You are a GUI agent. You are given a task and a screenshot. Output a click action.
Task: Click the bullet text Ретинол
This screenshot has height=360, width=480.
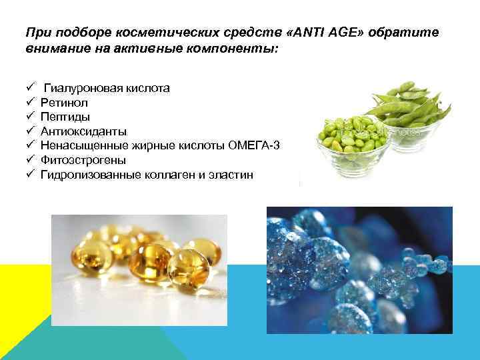(64, 103)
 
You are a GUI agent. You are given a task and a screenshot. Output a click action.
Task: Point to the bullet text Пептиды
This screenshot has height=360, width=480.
(65, 117)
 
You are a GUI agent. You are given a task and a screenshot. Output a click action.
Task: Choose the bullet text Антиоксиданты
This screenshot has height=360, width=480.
(83, 131)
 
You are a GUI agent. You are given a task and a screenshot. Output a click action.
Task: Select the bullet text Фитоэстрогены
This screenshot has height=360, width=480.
(83, 160)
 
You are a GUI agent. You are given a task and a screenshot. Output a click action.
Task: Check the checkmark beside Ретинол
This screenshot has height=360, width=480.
(31, 103)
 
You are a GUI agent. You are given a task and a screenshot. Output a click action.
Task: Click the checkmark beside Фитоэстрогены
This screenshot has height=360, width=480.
(31, 160)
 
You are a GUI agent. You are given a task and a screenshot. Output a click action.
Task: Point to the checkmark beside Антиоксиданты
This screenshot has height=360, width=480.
(31, 131)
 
